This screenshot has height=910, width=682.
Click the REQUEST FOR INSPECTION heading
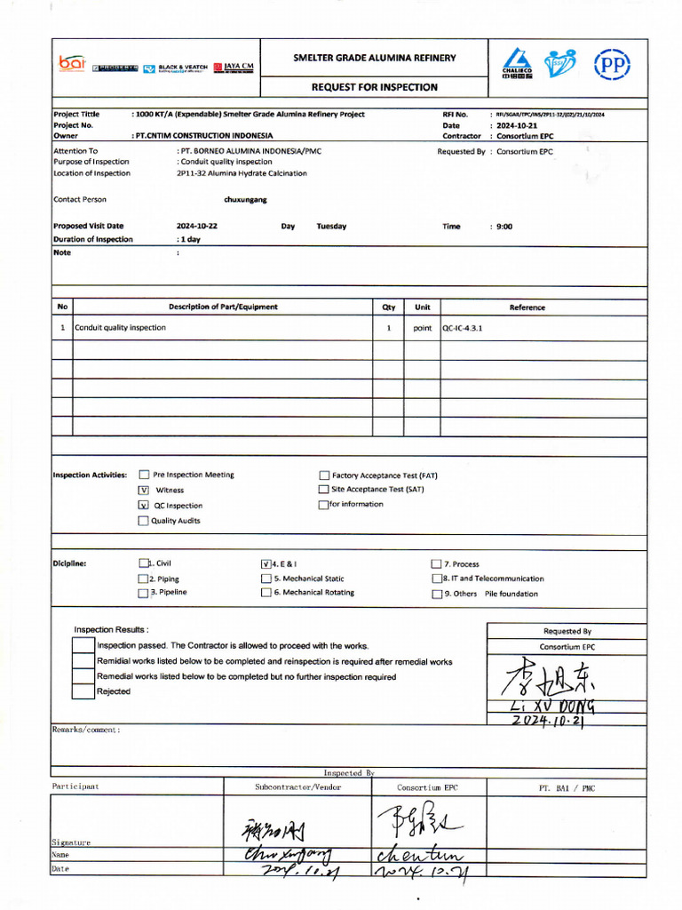(x=374, y=87)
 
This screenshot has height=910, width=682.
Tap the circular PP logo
(x=611, y=65)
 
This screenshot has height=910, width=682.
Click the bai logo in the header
(x=72, y=64)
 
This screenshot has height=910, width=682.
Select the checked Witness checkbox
(x=143, y=490)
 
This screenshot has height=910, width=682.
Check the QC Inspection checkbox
(x=143, y=505)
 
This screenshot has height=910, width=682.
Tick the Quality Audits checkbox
(x=143, y=521)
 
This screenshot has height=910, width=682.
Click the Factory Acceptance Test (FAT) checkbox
(x=323, y=475)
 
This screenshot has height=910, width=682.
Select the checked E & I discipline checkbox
(x=266, y=563)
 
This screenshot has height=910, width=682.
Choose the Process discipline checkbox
(x=436, y=564)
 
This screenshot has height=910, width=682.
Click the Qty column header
(x=388, y=307)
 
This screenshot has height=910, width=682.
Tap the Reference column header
(x=527, y=307)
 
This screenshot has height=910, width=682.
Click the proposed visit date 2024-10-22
(x=197, y=227)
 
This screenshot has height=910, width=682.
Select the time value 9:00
(x=504, y=227)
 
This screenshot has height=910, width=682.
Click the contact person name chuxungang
(x=245, y=200)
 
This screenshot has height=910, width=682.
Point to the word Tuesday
(x=331, y=227)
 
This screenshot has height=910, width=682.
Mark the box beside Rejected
(x=83, y=691)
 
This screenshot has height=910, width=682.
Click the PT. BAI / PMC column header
(x=567, y=787)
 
